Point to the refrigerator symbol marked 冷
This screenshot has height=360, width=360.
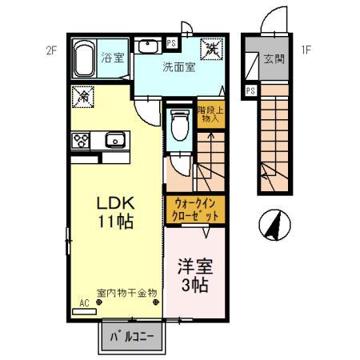coord(83,97)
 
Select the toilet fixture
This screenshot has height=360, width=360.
coord(179,124)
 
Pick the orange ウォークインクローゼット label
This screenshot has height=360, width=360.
coord(193,210)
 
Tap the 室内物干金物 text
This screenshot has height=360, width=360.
coord(126,293)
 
